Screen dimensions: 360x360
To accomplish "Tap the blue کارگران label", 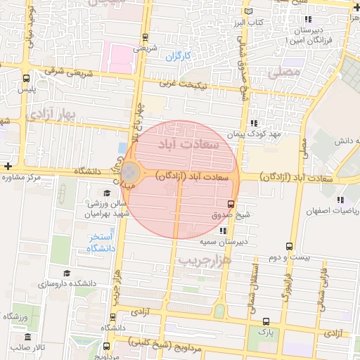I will [x=179, y=56].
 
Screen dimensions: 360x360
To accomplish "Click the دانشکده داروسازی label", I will [x=43, y=283].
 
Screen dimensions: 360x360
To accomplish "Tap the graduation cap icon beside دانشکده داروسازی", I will [x=67, y=273].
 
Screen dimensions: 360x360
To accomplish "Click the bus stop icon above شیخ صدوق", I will [x=221, y=202].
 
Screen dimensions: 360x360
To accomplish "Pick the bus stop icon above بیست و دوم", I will [x=289, y=246].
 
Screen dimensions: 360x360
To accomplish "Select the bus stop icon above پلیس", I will [x=26, y=78].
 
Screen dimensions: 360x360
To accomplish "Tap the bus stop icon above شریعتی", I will [x=145, y=37].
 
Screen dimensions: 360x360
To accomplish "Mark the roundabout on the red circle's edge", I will [x=130, y=172].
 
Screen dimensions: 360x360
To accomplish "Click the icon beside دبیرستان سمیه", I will [x=222, y=230].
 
